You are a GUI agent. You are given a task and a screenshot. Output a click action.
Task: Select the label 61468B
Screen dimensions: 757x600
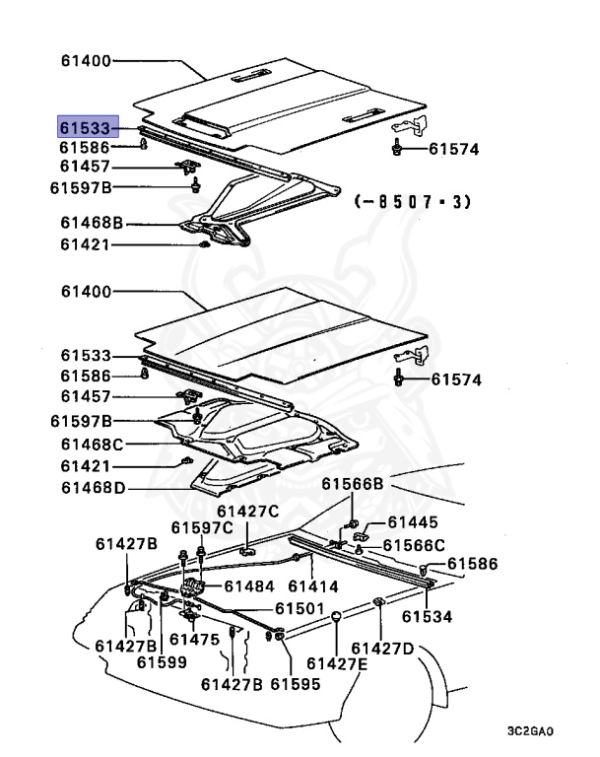pos(92,224)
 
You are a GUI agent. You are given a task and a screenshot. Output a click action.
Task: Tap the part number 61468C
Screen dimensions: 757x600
pos(92,445)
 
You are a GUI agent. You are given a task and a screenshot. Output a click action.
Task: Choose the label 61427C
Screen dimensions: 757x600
pos(248,511)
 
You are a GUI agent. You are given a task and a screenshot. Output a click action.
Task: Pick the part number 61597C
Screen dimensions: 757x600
pos(203,528)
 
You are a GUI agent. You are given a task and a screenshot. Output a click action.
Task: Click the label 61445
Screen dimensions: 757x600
pos(413,522)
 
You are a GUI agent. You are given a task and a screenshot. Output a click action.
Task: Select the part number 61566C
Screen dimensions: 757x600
pos(414,545)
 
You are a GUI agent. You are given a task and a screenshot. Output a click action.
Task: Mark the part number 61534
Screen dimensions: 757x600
pos(426,617)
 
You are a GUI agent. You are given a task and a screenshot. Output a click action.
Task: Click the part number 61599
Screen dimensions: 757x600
pos(162,662)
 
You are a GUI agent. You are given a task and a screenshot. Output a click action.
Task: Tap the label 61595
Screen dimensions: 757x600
pos(296,684)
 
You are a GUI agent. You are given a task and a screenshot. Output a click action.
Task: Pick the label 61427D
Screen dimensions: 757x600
pos(383,648)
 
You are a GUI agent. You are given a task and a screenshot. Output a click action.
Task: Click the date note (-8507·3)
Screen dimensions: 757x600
pos(413,202)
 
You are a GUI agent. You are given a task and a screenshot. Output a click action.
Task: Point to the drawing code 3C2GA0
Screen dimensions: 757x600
pos(532,733)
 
